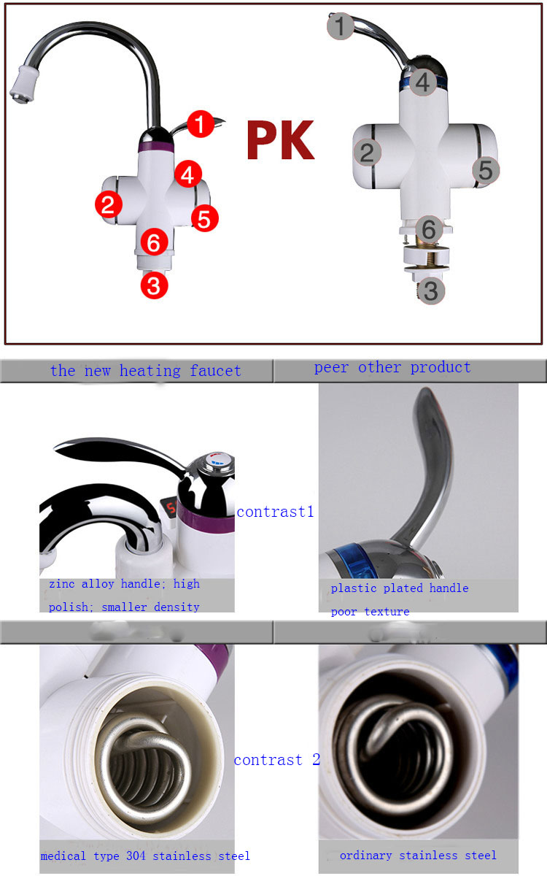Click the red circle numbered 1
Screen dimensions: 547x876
pyautogui.click(x=201, y=124)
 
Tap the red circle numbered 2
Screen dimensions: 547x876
pyautogui.click(x=109, y=204)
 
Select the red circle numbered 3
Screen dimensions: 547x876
pyautogui.click(x=155, y=285)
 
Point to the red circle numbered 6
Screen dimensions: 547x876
pyautogui.click(x=155, y=242)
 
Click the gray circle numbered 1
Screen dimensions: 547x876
pyautogui.click(x=341, y=26)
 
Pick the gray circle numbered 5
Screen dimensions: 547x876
pyautogui.click(x=486, y=170)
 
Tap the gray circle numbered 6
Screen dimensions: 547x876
pyautogui.click(x=429, y=228)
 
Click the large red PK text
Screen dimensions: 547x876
pyautogui.click(x=281, y=140)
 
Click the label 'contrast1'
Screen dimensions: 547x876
pyautogui.click(x=275, y=512)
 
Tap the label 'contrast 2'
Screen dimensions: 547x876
pyautogui.click(x=277, y=759)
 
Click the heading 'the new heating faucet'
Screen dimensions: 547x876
pyautogui.click(x=145, y=370)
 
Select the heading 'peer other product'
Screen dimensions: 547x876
pyautogui.click(x=392, y=367)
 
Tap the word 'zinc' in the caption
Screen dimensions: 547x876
pyautogui.click(x=62, y=584)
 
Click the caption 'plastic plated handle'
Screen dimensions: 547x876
pyautogui.click(x=400, y=588)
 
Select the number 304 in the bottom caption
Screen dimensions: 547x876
pyautogui.click(x=136, y=856)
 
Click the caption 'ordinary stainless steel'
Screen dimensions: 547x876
pyautogui.click(x=418, y=856)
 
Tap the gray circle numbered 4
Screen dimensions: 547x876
pyautogui.click(x=423, y=82)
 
